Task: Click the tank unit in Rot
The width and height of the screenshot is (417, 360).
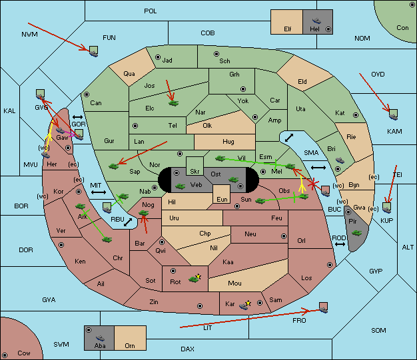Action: click(194, 279)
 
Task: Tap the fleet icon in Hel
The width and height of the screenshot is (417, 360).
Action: click(316, 21)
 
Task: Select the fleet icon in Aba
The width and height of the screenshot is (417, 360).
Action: click(101, 338)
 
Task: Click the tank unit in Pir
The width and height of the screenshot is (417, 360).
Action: click(356, 233)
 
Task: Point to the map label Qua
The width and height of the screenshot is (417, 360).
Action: click(129, 74)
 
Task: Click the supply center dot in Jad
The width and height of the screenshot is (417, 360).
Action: click(158, 57)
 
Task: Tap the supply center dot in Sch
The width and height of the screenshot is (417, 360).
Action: click(216, 54)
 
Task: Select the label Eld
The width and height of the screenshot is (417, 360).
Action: click(302, 82)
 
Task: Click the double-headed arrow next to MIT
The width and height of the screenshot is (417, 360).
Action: click(99, 192)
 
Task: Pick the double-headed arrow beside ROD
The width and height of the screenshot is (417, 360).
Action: click(340, 244)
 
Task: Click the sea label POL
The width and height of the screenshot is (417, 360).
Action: click(151, 11)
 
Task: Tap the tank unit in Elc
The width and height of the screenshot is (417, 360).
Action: click(174, 103)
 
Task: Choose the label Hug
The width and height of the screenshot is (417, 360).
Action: click(228, 142)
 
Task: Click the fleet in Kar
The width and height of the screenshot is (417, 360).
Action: click(244, 306)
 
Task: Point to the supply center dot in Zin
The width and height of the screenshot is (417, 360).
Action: click(200, 306)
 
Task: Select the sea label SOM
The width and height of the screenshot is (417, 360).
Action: click(378, 330)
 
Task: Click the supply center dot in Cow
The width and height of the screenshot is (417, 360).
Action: click(5, 355)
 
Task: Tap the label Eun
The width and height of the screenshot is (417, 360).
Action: click(222, 199)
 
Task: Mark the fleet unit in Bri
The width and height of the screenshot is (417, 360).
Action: click(340, 160)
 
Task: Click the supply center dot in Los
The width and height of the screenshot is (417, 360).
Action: click(330, 265)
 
